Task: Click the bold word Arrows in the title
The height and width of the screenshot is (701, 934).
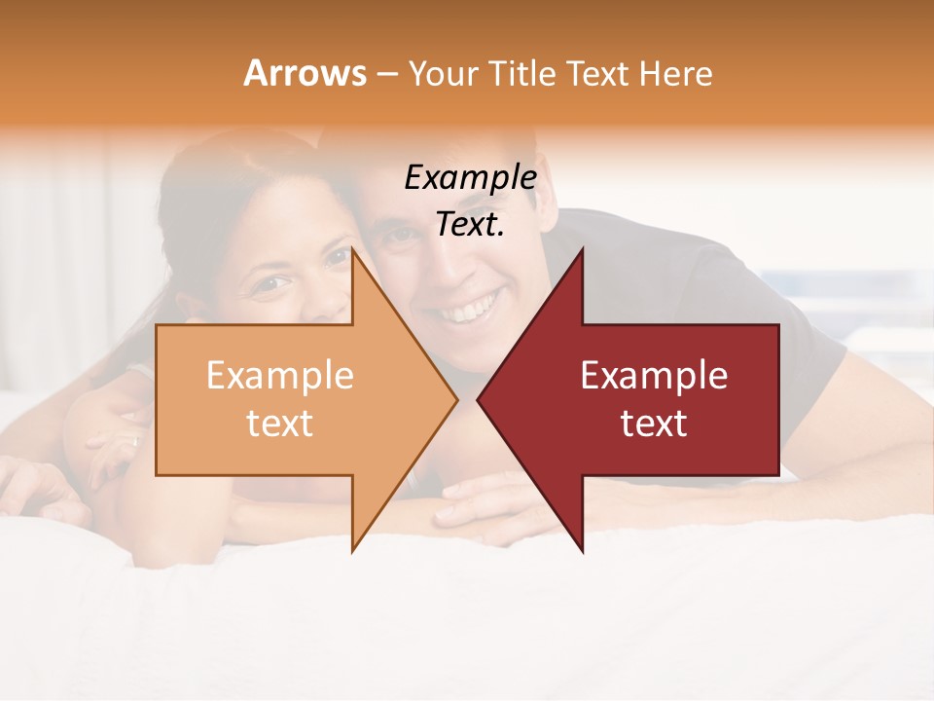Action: point(305,73)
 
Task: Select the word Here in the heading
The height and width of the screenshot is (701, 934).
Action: point(676,73)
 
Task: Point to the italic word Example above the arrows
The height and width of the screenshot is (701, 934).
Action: point(470,178)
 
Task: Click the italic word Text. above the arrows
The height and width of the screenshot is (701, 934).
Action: point(470,225)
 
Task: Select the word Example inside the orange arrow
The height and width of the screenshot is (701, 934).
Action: point(279,376)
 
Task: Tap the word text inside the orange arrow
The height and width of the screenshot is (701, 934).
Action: point(279,424)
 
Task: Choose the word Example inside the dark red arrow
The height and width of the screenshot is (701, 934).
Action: point(654,376)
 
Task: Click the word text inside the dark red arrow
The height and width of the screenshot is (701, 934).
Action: point(654,424)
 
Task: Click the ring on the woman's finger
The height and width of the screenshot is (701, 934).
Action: point(135,441)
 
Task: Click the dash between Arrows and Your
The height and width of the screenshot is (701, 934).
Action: point(386,75)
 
